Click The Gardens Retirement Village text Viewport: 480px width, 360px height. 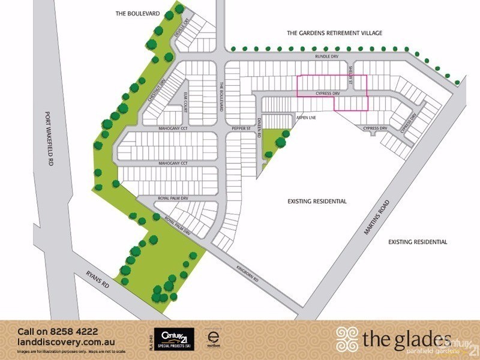point(334,33)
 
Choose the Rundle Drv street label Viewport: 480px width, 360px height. point(327,56)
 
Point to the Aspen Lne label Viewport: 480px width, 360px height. point(305,118)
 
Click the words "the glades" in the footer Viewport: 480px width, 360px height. point(406,340)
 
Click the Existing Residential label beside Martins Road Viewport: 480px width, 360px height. point(417,242)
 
